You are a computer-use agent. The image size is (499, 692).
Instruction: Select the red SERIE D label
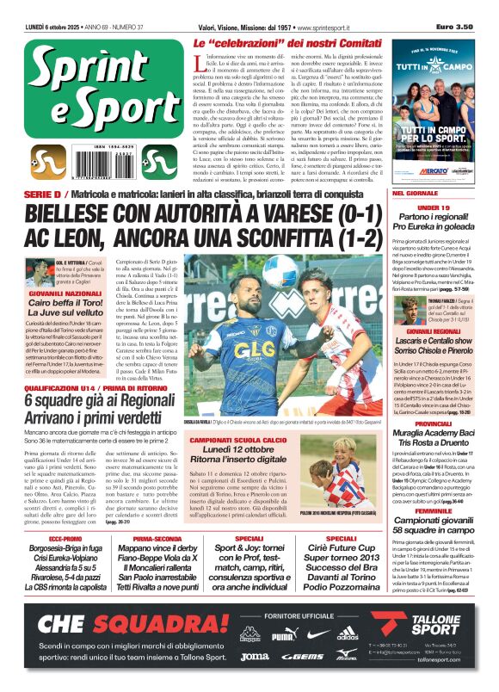[x=37, y=195]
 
